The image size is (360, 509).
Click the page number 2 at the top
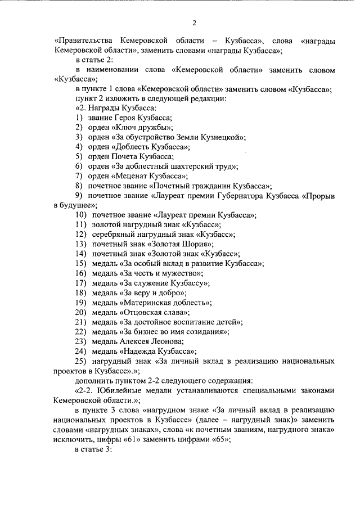(194, 23)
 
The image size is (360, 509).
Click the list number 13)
(81, 244)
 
